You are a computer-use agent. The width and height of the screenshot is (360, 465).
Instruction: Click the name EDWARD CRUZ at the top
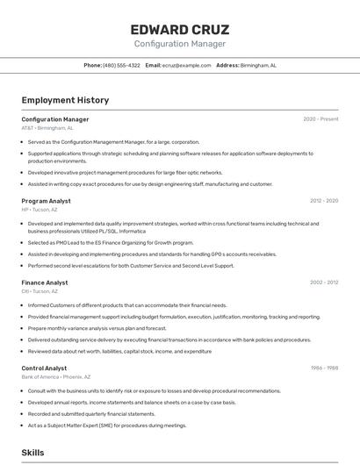click(179, 29)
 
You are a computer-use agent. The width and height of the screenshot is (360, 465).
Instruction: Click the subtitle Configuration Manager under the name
click(179, 44)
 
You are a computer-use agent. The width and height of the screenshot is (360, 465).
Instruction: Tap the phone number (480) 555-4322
click(121, 65)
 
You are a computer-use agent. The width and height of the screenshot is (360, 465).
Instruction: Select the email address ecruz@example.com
click(186, 65)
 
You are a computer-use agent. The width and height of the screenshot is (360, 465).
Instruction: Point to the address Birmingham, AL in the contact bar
click(258, 65)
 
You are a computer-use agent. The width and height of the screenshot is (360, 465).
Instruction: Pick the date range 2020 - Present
click(320, 119)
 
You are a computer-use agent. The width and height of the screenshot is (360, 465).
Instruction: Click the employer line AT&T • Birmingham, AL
click(47, 128)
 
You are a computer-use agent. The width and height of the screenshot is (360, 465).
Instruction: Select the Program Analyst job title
click(47, 201)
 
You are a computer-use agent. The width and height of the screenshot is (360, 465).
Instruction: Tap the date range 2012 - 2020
click(324, 201)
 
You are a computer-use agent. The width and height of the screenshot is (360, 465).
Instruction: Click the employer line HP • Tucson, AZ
click(40, 210)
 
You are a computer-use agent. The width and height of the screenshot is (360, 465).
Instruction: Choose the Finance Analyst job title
click(45, 283)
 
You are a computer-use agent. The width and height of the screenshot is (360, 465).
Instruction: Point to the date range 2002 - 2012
click(324, 283)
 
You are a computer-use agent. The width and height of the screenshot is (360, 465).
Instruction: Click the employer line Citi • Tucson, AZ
click(40, 291)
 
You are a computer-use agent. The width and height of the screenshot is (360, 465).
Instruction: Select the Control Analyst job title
click(44, 368)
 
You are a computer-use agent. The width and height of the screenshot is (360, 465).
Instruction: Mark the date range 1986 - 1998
click(324, 368)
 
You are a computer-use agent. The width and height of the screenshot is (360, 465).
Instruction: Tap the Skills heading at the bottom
click(32, 453)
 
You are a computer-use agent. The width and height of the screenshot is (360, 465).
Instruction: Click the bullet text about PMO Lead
click(110, 243)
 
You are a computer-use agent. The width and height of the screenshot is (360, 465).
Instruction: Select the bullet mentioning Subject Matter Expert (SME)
click(107, 425)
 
